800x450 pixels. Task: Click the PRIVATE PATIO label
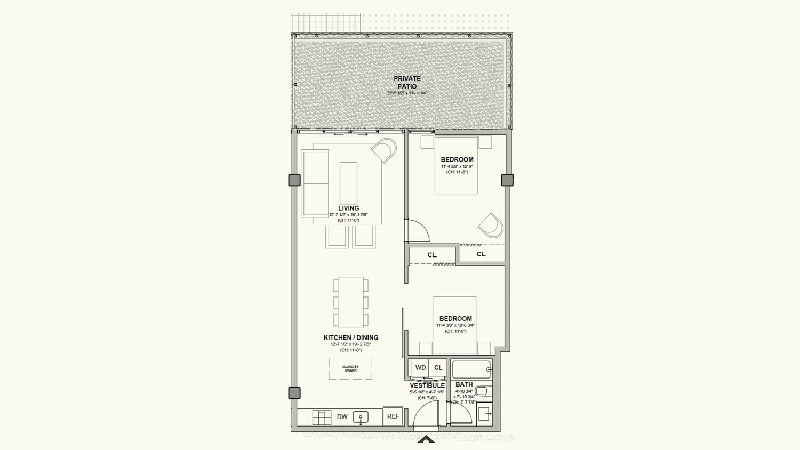coord(407,82)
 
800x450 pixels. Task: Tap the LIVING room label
coord(348,208)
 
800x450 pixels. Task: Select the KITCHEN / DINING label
coord(350,337)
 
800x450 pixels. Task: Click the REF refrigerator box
coord(393,416)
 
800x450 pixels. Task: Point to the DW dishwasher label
coord(342,417)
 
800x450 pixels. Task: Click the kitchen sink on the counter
coord(361,417)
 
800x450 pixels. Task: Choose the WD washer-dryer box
coord(420,367)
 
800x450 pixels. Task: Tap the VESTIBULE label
coord(427,385)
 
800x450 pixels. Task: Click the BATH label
coord(464,384)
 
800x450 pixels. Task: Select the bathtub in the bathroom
coord(471,369)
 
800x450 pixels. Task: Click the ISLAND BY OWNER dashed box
coord(350,368)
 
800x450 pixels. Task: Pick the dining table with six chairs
coord(350,302)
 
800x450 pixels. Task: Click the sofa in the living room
coord(315,183)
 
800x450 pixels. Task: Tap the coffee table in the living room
coord(348,183)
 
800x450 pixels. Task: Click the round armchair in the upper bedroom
coord(491,225)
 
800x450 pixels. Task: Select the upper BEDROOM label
coord(457,159)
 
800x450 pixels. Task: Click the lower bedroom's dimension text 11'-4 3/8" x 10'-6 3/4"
coord(455,325)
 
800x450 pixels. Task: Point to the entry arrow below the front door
coord(426,439)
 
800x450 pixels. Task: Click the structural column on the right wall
coord(507,180)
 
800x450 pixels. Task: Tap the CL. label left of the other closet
coord(433,255)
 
